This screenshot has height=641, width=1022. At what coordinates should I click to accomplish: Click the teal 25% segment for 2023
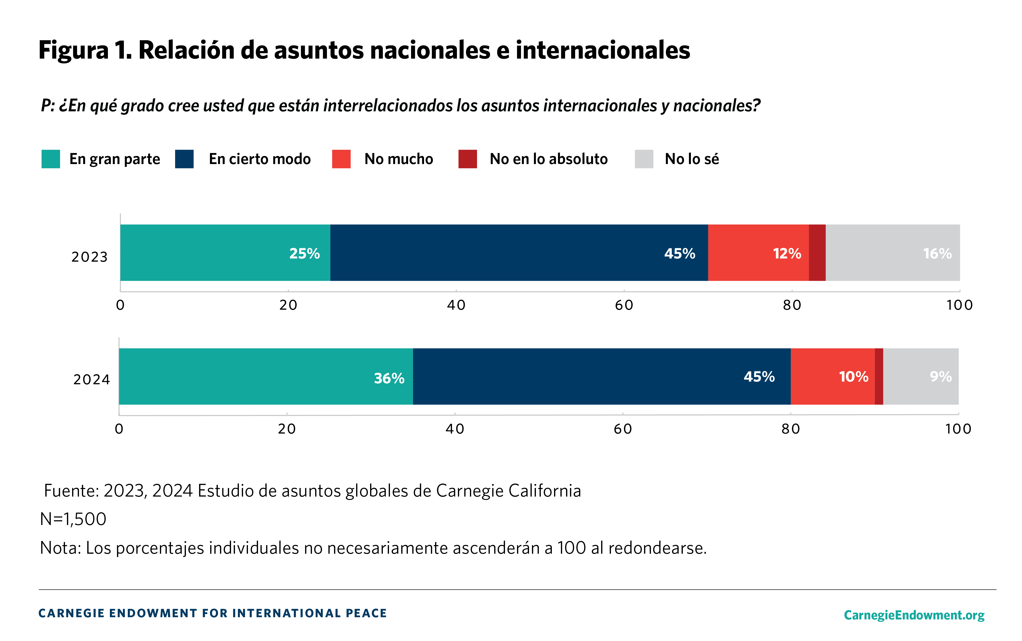coord(225,252)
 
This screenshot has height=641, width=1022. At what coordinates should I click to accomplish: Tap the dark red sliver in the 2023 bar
coord(817,252)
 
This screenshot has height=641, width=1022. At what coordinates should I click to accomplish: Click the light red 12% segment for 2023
coord(758,252)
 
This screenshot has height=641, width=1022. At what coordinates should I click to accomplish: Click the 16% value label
coord(937,254)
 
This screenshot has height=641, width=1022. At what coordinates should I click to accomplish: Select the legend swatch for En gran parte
coord(51,159)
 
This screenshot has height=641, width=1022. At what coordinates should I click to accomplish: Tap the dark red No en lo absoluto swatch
coord(467,159)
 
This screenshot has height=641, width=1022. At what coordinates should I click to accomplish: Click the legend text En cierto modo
coord(259,159)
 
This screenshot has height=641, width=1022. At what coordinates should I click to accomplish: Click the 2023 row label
coord(90,257)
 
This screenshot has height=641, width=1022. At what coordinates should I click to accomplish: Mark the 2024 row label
coord(91,379)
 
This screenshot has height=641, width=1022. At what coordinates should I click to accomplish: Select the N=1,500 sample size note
coord(73,519)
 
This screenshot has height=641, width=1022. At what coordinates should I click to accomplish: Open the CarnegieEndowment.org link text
coord(914,615)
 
